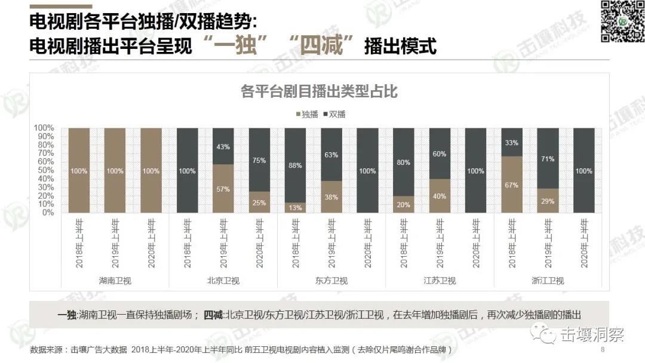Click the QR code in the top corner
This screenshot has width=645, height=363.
(x=621, y=21)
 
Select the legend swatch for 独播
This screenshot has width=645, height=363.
(x=298, y=114)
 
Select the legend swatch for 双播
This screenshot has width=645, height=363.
(x=325, y=114)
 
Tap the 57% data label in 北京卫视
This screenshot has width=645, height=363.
(x=223, y=189)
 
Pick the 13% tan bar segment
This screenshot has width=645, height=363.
(x=296, y=207)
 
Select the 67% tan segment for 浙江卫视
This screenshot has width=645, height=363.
(x=512, y=184)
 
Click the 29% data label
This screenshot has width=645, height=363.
(x=548, y=201)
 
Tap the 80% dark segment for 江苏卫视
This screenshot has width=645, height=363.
(x=404, y=162)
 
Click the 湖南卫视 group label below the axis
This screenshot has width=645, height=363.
(x=115, y=281)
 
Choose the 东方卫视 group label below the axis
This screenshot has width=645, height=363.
(x=331, y=281)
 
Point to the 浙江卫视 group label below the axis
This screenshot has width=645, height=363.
(x=548, y=281)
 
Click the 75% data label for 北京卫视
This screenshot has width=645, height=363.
(x=259, y=160)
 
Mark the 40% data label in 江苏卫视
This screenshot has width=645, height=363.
(x=440, y=196)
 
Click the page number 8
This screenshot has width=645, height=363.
(x=602, y=349)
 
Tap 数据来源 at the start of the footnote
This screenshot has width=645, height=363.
(x=46, y=349)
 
